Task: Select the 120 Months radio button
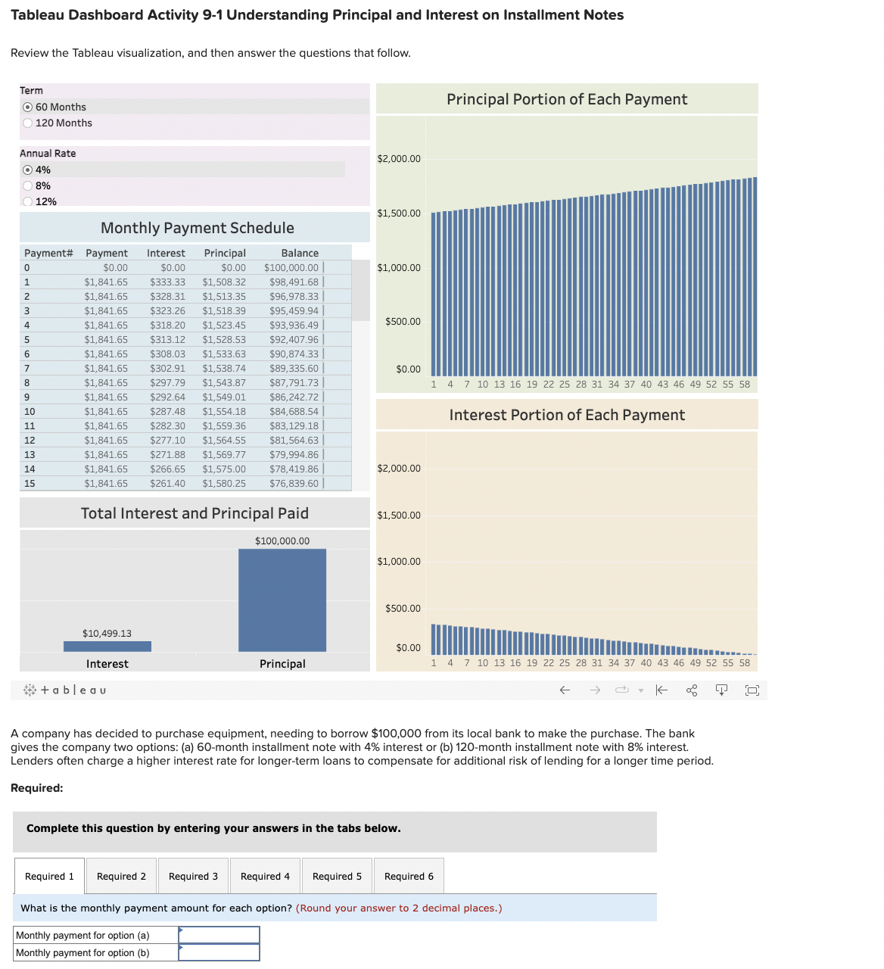28,123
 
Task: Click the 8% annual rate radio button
28,186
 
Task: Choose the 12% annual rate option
28,201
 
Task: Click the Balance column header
299,254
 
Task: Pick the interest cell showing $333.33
167,282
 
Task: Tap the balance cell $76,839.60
294,484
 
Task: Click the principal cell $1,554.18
224,412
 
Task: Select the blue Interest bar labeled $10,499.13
107,647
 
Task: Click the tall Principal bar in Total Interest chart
282,600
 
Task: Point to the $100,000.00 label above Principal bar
282,541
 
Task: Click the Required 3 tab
193,877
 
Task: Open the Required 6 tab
409,877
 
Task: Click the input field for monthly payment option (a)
219,936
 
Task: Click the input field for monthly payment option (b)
219,953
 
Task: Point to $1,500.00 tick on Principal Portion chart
399,213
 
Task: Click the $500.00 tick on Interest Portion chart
403,609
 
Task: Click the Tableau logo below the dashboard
65,690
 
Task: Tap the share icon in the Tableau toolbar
691,690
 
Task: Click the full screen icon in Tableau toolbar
752,690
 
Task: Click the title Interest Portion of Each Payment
567,415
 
